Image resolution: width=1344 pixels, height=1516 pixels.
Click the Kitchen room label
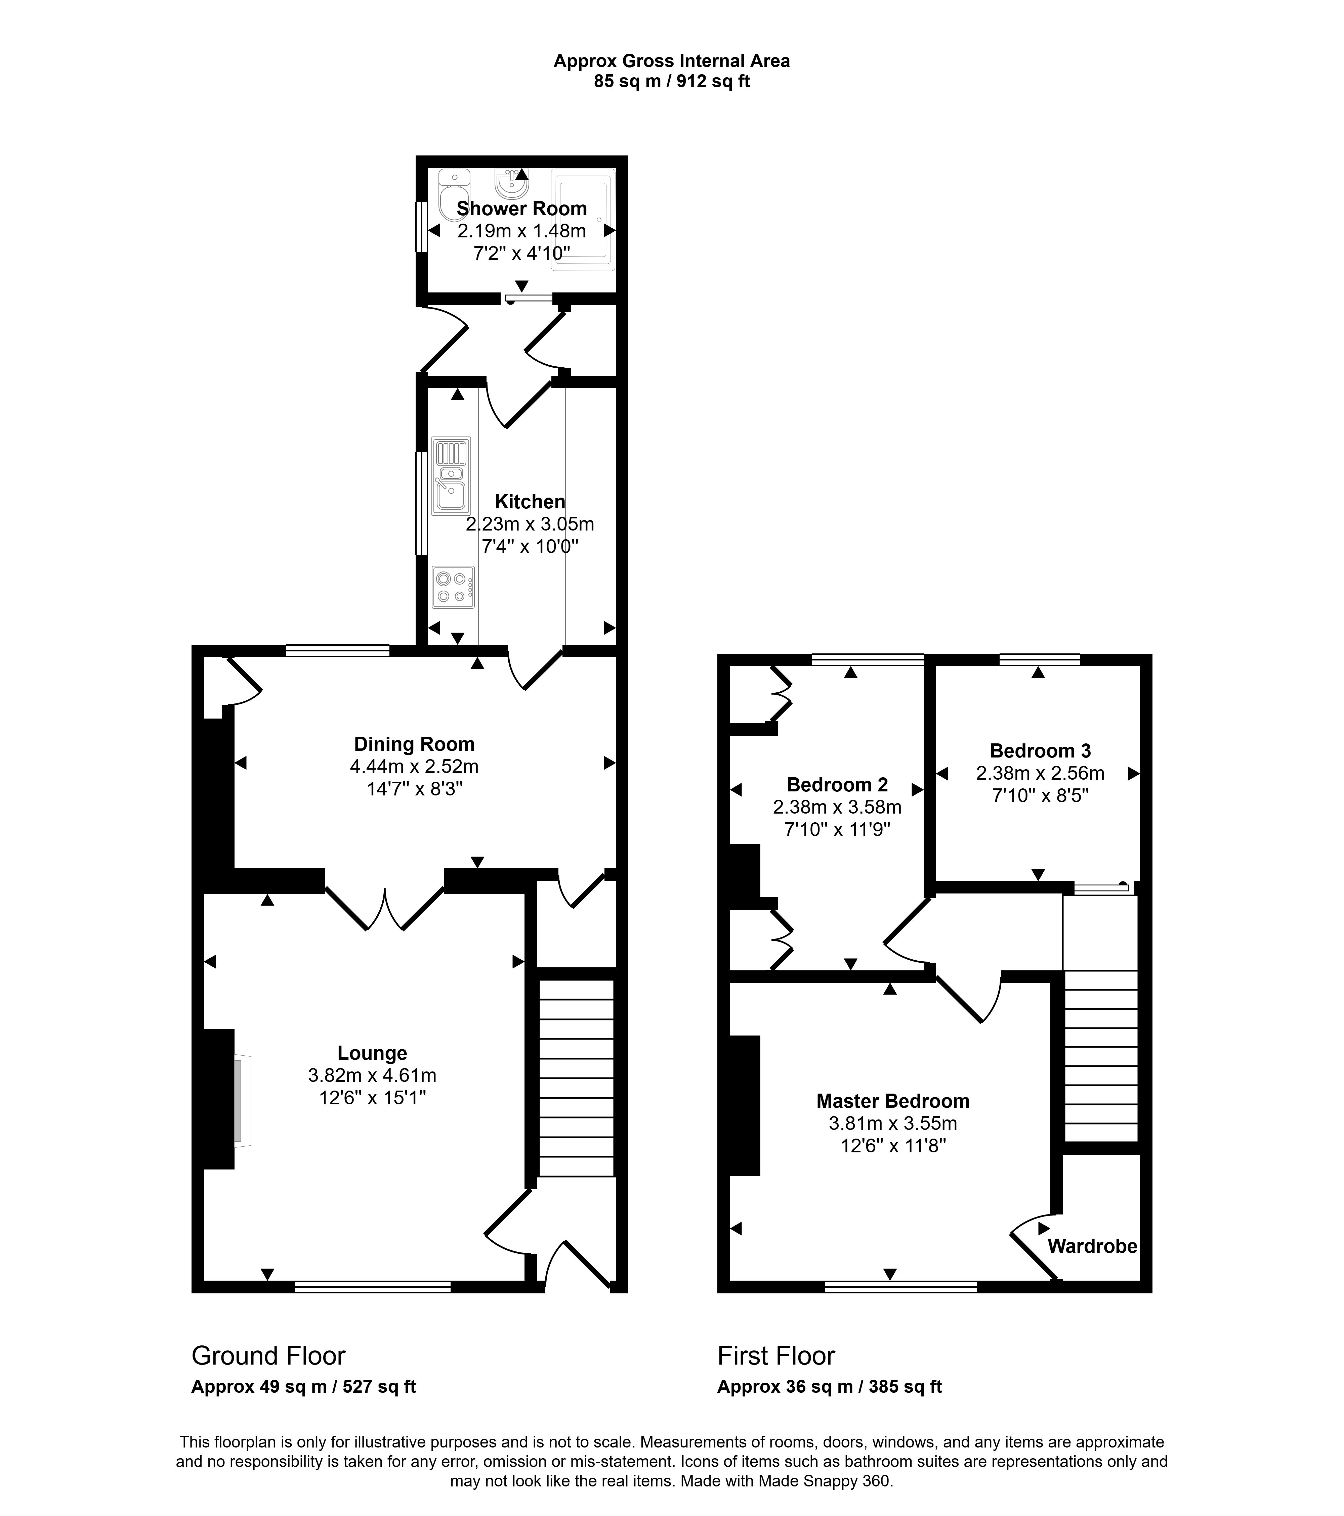click(530, 501)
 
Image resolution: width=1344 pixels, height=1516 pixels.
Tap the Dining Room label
click(414, 744)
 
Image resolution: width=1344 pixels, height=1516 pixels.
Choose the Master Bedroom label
click(893, 1101)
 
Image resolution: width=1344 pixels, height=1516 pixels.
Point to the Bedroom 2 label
click(837, 785)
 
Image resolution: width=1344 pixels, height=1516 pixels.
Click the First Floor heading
click(776, 1356)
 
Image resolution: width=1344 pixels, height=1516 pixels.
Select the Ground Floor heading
click(269, 1356)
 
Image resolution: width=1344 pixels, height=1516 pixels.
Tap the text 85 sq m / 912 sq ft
click(672, 82)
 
